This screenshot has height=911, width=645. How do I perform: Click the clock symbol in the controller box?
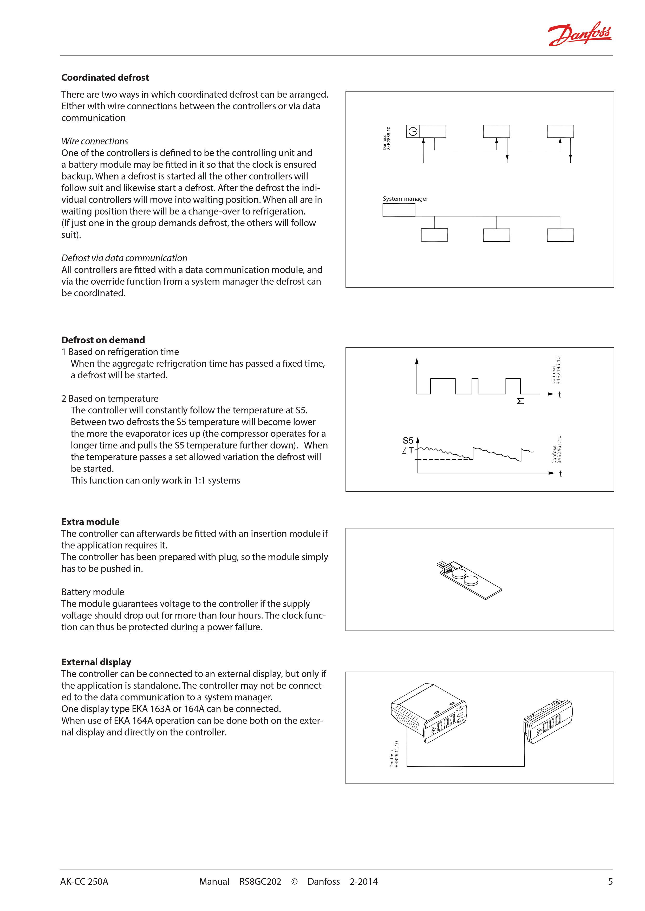(413, 131)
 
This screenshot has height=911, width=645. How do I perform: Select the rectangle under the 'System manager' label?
(399, 210)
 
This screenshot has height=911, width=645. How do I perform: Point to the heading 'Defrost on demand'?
(103, 340)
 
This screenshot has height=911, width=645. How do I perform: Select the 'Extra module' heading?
(90, 522)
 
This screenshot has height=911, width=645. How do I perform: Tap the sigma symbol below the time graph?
(520, 401)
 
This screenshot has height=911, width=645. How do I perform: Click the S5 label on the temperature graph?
(408, 440)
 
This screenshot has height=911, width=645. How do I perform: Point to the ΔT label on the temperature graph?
(408, 450)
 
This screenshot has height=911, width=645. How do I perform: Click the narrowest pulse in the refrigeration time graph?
(475, 386)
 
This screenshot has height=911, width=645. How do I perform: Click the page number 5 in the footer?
(610, 882)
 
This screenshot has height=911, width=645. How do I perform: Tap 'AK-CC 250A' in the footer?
(84, 882)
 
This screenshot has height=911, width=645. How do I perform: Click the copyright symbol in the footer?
(294, 882)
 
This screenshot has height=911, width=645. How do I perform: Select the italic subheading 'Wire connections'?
(95, 141)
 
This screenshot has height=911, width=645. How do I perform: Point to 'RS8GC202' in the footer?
(260, 882)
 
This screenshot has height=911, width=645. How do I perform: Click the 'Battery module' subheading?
(93, 592)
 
